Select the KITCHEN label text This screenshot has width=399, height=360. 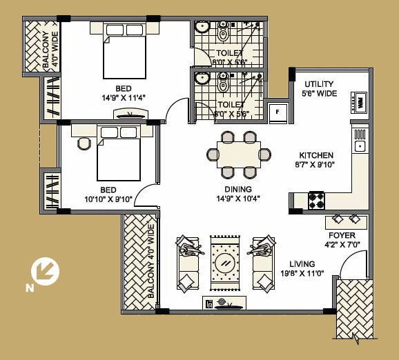coord(316,156)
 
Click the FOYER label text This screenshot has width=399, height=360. coord(342,235)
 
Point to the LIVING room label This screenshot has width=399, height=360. coord(302,263)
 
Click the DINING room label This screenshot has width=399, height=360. coord(237,189)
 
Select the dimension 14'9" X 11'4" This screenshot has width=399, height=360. coord(124,98)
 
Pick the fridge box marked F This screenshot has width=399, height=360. coord(278,111)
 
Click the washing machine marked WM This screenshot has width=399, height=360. coord(359,102)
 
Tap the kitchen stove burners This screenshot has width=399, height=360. coord(316,200)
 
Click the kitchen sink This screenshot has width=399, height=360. coord(359,146)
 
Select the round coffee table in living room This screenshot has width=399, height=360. coord(225,263)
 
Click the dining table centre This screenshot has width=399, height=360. coord(239,154)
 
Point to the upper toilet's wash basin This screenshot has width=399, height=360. coord(202,28)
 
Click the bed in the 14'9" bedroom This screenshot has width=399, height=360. coord(124,57)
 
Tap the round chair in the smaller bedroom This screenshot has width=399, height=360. coord(84,144)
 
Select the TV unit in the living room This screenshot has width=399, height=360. coord(224,302)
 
